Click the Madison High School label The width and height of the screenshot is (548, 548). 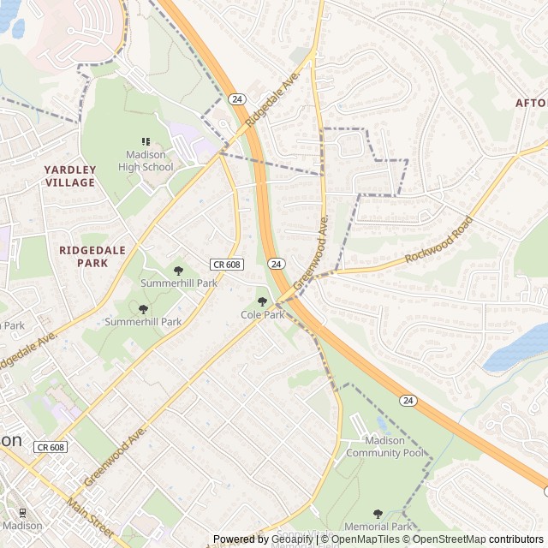[146, 161]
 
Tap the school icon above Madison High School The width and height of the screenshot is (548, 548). [146, 141]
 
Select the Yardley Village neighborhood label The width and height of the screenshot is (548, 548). [70, 176]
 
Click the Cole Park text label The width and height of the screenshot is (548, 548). [262, 315]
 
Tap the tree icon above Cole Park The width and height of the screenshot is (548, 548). [262, 301]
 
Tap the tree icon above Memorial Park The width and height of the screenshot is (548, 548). [378, 514]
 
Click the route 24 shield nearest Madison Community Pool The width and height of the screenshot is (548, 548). [408, 400]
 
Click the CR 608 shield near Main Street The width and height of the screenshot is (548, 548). [51, 447]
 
